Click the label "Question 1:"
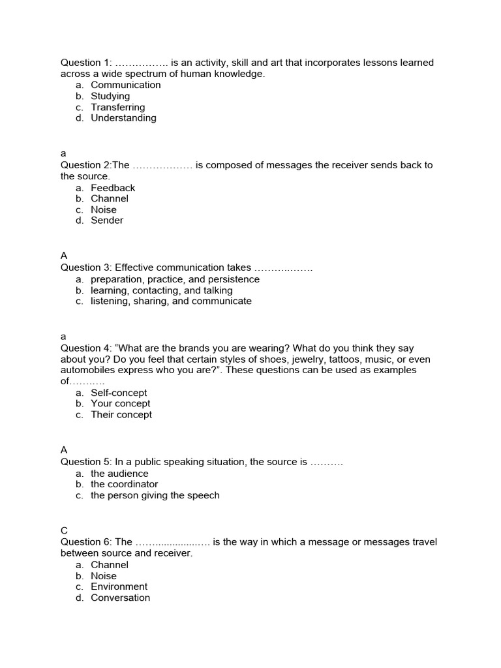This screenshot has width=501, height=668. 86,63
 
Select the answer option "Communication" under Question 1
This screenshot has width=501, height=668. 125,85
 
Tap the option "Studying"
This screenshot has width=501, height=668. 110,96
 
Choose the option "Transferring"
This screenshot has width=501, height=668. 117,107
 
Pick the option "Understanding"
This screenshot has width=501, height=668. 123,118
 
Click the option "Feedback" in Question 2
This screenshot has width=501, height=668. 113,188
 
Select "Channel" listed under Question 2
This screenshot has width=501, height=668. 110,198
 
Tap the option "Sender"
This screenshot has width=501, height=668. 107,220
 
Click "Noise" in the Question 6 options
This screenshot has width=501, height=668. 104,576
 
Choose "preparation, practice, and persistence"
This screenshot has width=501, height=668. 175,279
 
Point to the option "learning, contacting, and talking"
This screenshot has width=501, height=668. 161,290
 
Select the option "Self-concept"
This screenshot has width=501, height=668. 119,393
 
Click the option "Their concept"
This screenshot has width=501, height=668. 121,415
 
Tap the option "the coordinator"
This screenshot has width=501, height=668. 124,484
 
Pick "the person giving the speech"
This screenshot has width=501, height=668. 155,495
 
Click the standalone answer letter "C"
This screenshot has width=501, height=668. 64,531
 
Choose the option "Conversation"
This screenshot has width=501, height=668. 120,598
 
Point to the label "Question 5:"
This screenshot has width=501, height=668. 86,462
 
